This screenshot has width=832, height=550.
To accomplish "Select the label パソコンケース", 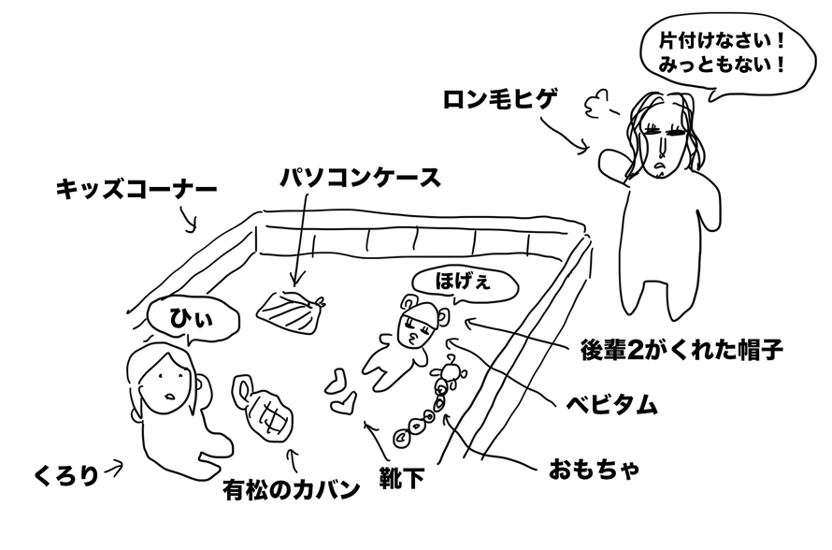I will point(360,177).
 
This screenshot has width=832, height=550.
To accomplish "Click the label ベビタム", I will point(612,405).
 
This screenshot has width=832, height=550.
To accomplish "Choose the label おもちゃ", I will point(595,468).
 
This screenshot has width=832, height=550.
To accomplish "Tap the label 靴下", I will point(401,480).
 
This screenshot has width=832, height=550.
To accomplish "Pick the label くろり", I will point(65,473).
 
